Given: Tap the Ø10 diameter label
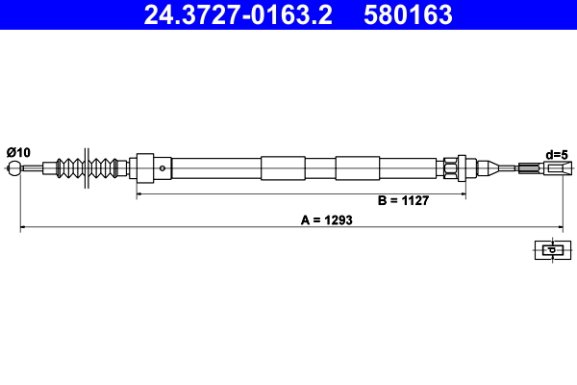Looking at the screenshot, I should [18, 152].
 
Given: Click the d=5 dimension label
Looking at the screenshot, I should [557, 154].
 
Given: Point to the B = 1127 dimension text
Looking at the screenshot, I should [402, 201].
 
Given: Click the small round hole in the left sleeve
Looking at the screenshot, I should [163, 168].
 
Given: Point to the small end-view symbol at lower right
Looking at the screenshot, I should [550, 250].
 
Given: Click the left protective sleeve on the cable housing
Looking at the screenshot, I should [282, 168].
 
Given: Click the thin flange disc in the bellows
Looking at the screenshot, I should [88, 167].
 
